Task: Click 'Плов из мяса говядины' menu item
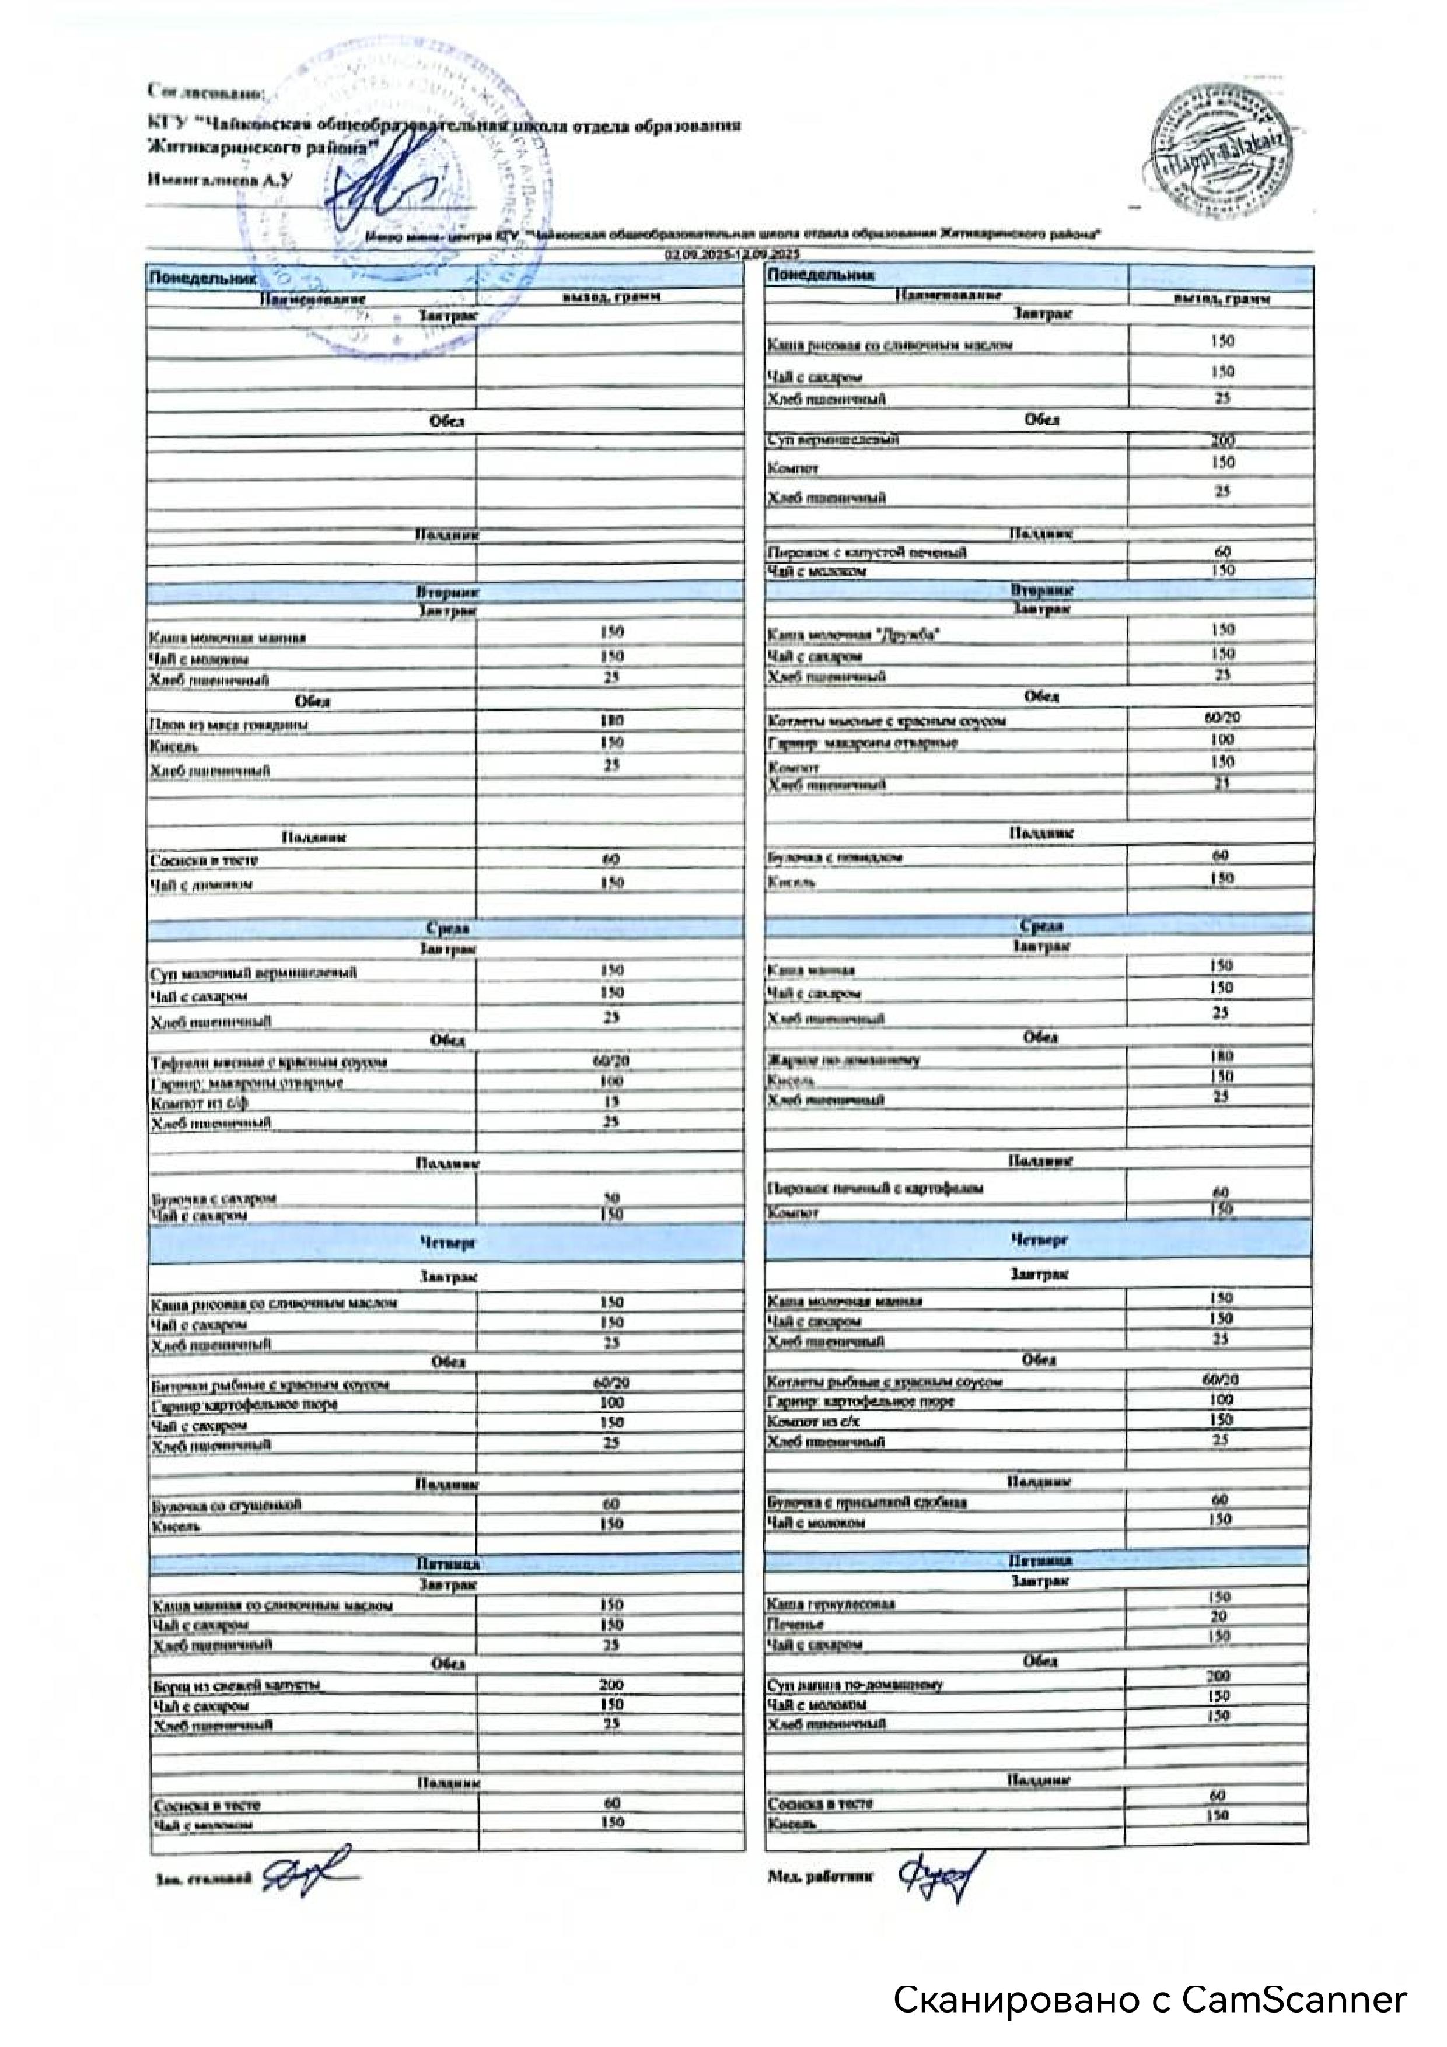click(229, 726)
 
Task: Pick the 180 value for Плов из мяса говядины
click(611, 720)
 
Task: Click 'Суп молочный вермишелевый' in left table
click(254, 972)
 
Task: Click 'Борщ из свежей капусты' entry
click(236, 1685)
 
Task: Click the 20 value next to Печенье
click(1219, 1616)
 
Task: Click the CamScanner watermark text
click(1150, 2000)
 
